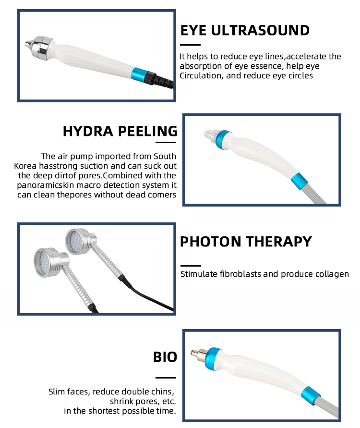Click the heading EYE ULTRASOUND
click(x=245, y=30)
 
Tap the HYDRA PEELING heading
click(x=120, y=131)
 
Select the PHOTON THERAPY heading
click(x=246, y=242)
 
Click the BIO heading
click(x=165, y=357)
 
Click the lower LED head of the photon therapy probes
click(x=50, y=262)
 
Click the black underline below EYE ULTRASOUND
click(x=191, y=45)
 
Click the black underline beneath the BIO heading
click(x=166, y=378)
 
